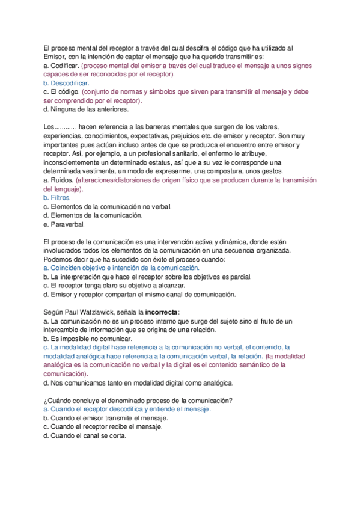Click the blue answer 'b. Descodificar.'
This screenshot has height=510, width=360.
tap(66, 83)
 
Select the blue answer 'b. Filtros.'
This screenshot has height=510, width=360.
tap(57, 197)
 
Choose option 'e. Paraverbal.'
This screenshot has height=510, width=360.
tap(64, 224)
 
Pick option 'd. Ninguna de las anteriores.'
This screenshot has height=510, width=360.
tap(86, 110)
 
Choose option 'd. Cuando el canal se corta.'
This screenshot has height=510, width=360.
tap(85, 437)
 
